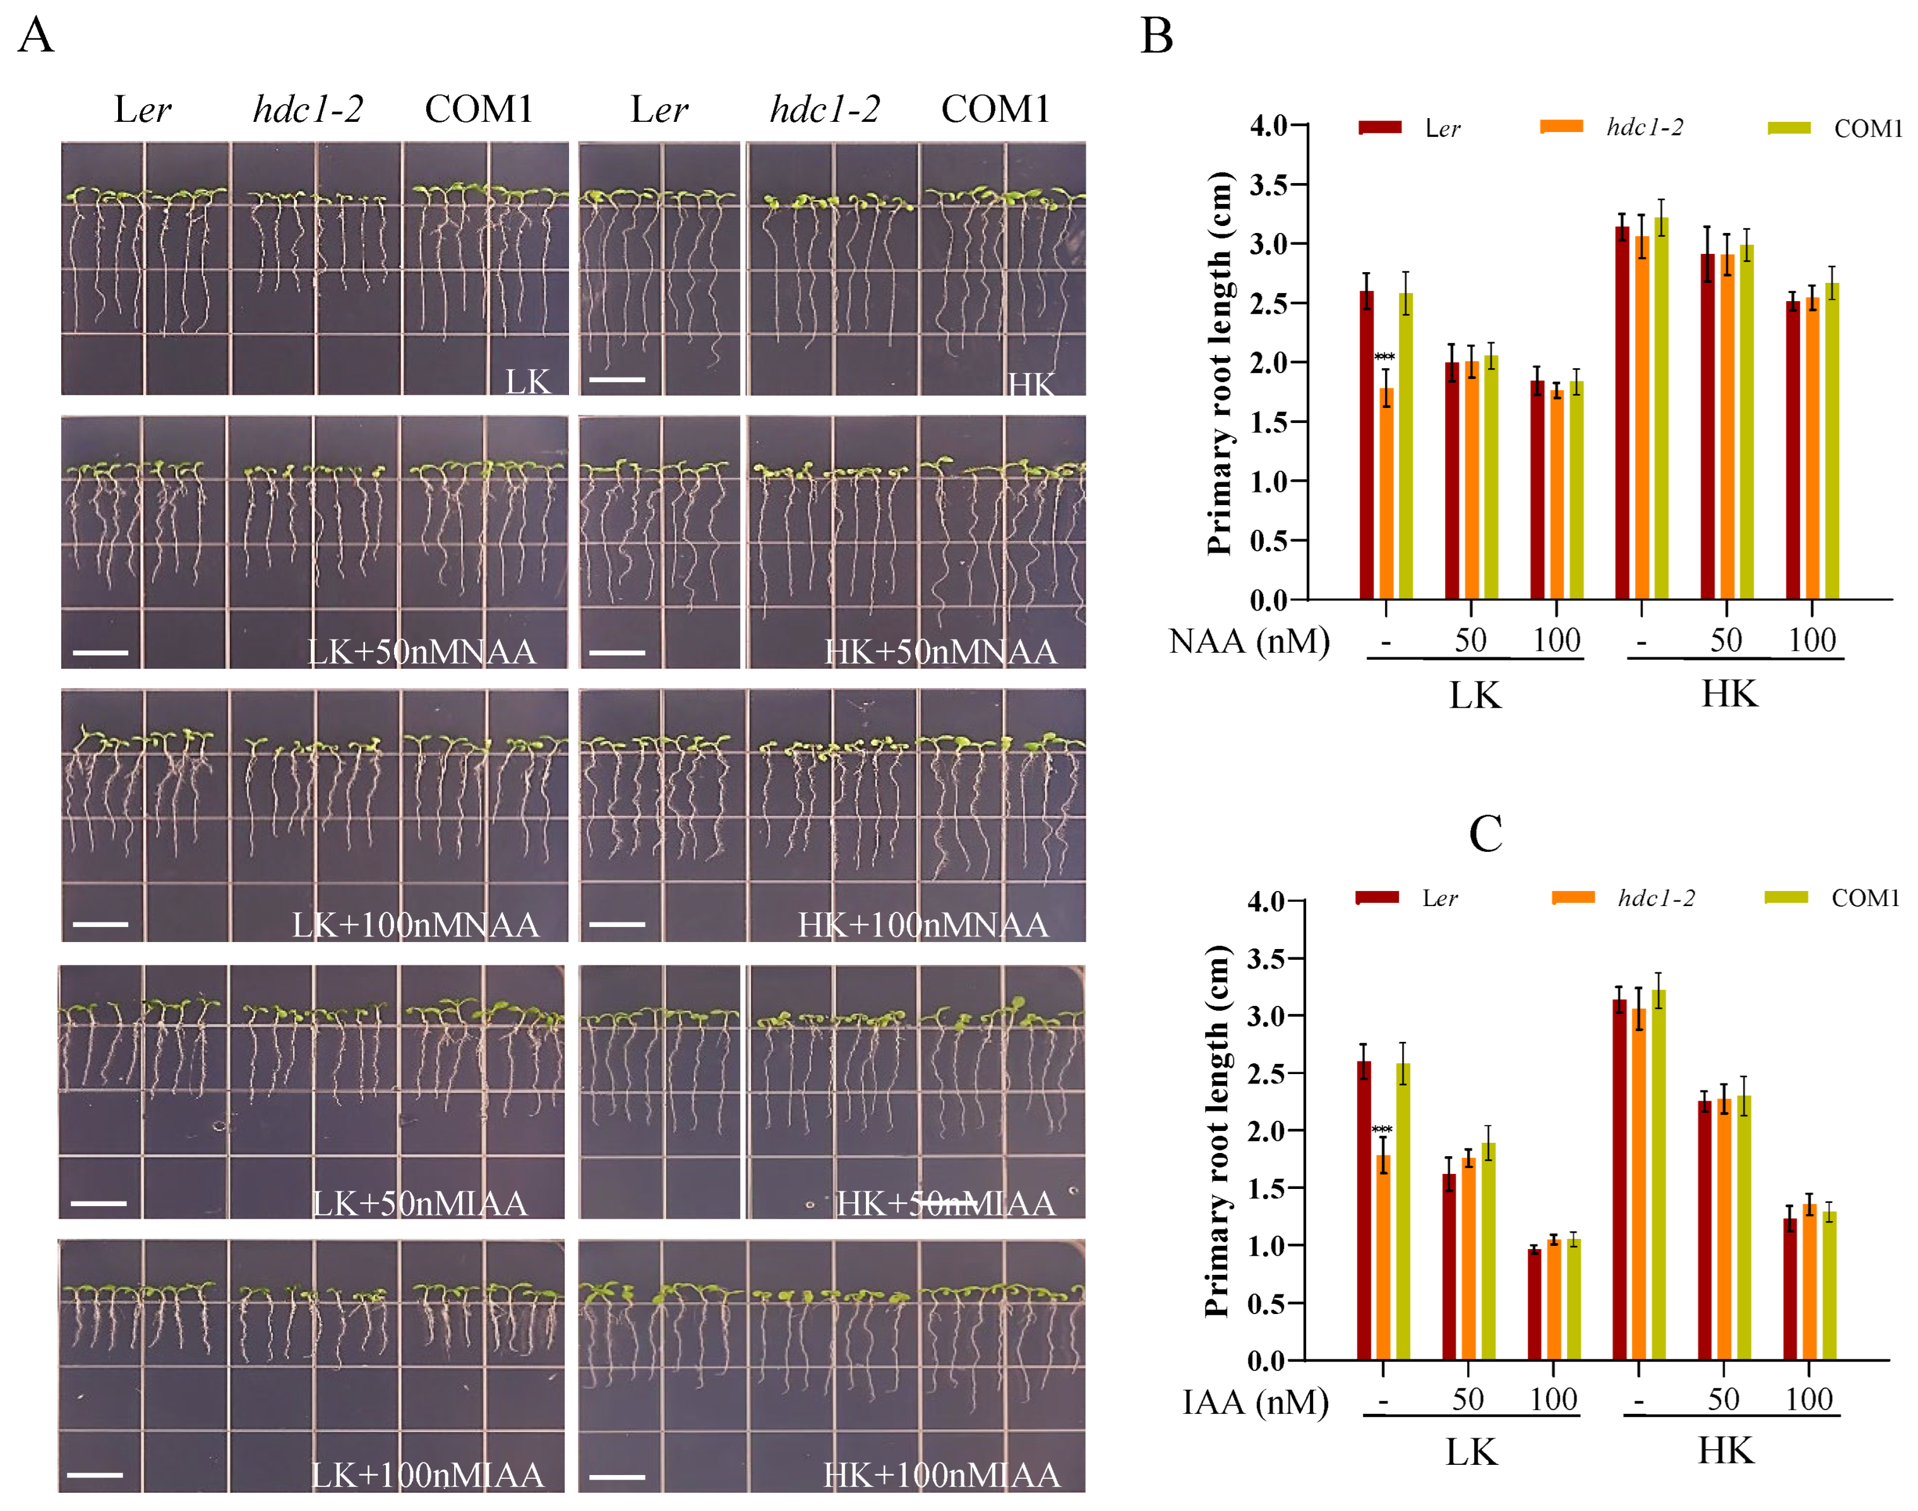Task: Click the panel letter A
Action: click(x=36, y=37)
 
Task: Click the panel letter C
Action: click(x=1485, y=833)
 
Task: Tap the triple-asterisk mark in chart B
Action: click(x=1384, y=357)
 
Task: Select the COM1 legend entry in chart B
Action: click(x=1867, y=129)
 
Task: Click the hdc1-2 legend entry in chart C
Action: click(x=1655, y=898)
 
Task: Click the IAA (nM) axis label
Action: click(x=1254, y=1402)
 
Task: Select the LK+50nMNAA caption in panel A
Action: click(x=421, y=652)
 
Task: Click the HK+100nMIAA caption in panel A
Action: click(x=941, y=1475)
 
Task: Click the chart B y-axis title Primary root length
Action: click(x=1220, y=362)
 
